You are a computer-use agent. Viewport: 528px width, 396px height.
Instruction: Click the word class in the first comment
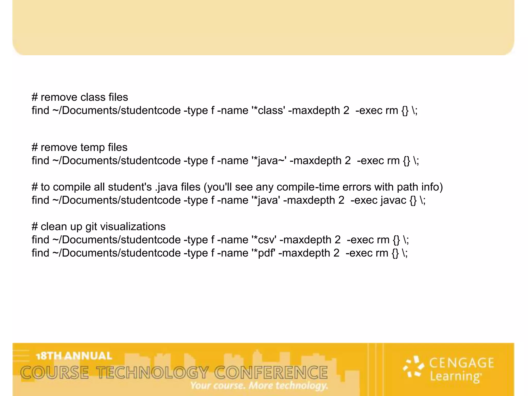[93, 97]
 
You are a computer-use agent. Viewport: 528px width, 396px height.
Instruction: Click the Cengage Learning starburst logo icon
[414, 367]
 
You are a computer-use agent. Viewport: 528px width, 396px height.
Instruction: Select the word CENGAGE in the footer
[461, 363]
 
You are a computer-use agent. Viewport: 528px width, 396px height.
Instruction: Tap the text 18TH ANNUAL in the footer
[74, 356]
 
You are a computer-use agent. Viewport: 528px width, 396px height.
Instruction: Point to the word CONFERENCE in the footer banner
[271, 373]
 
